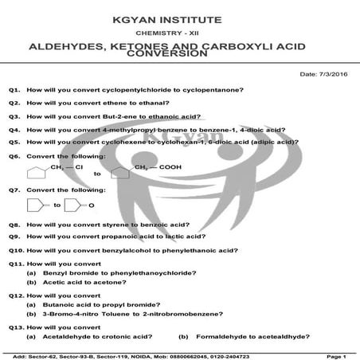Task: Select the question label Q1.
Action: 14,91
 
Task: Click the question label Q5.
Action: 14,142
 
